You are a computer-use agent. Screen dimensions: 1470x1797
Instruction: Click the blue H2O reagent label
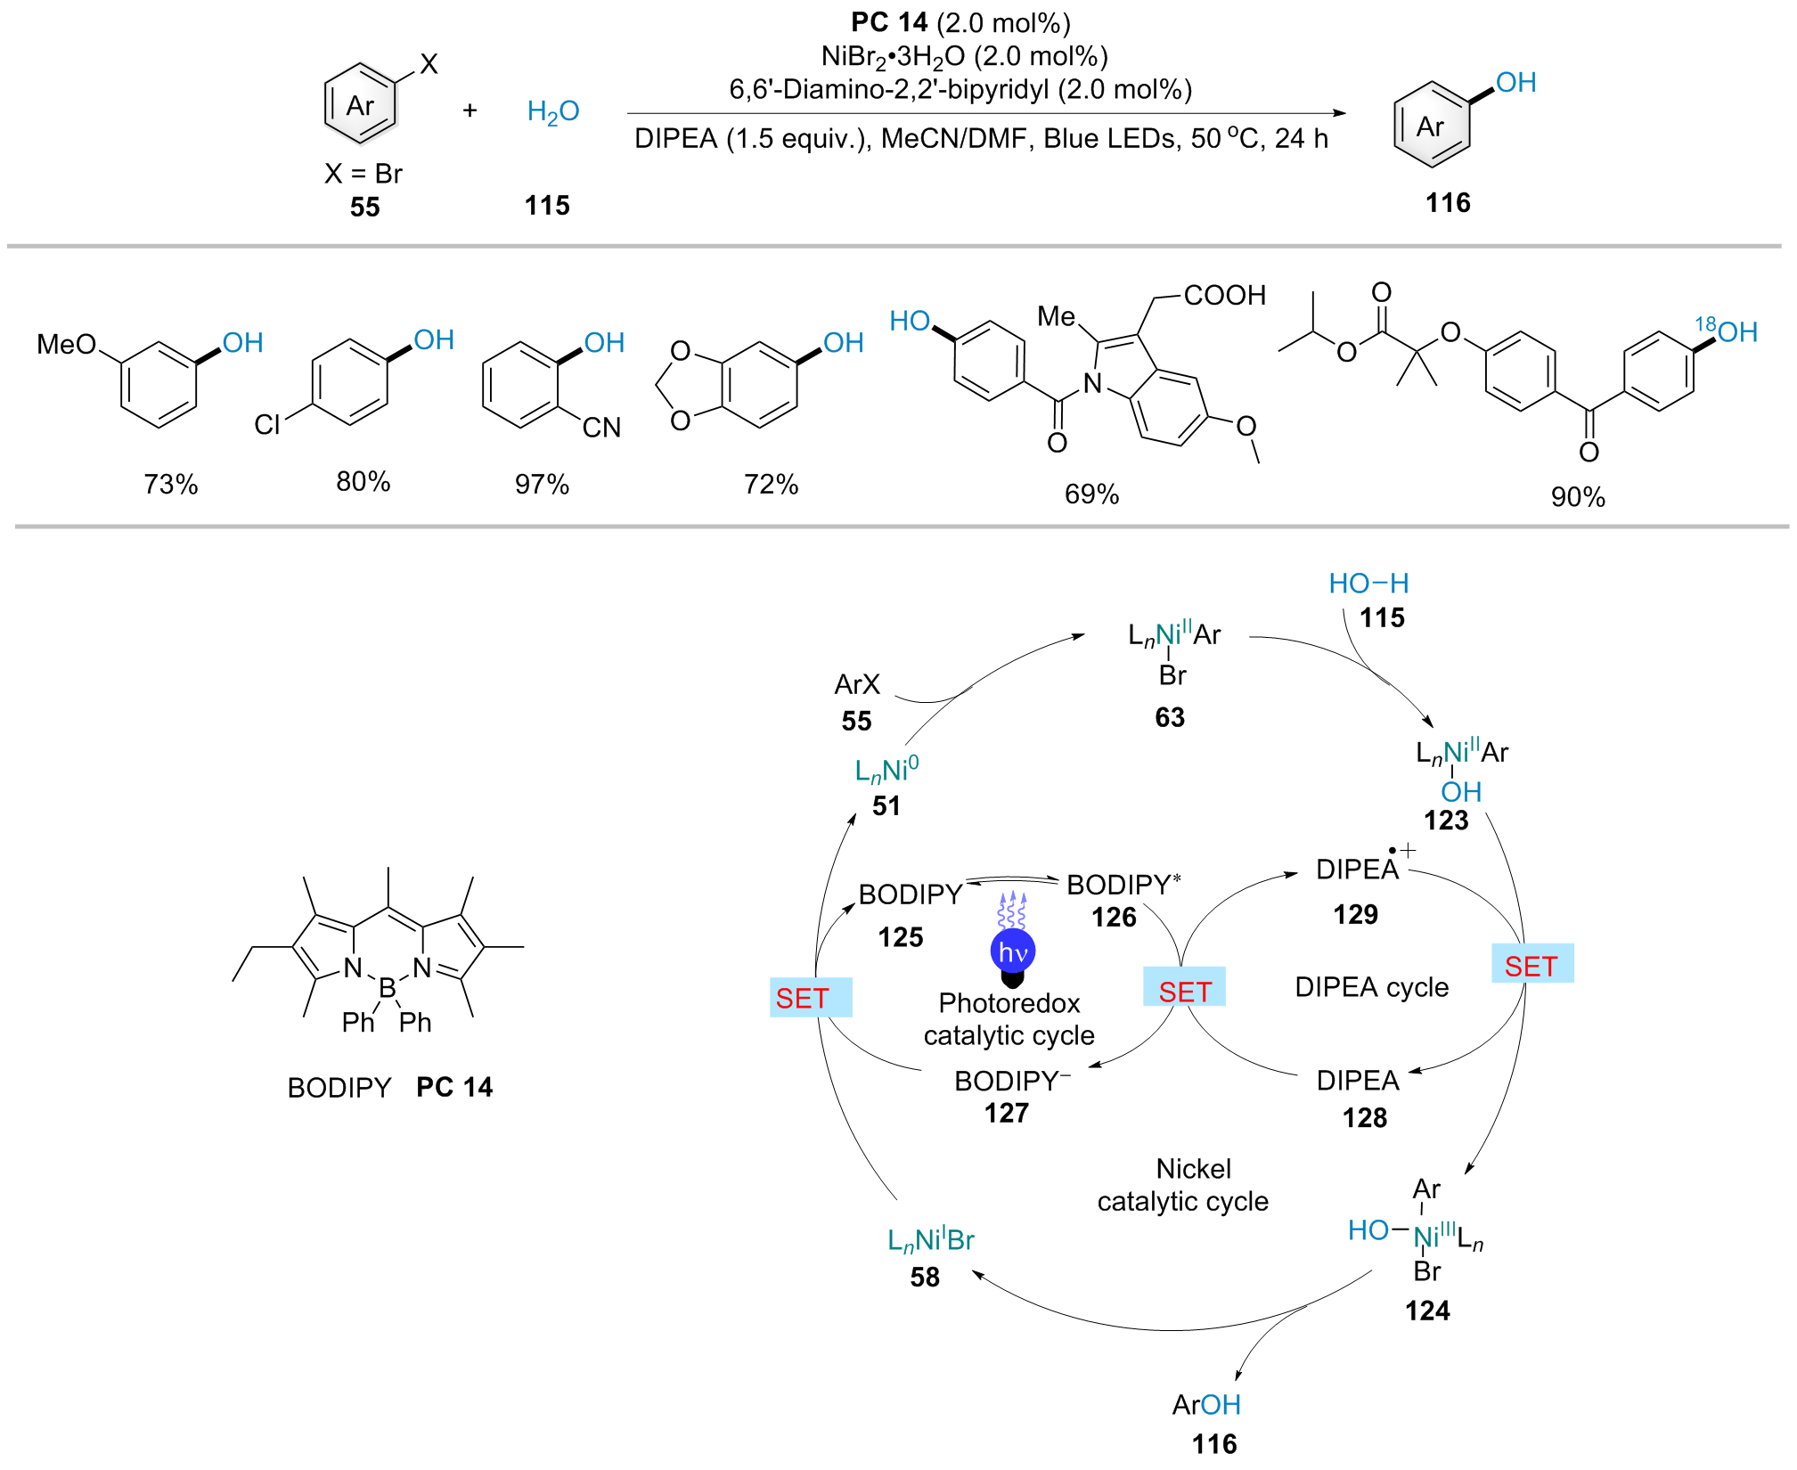pos(553,112)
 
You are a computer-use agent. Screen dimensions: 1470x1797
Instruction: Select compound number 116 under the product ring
pos(1448,203)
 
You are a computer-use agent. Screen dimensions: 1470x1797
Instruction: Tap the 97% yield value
pos(542,484)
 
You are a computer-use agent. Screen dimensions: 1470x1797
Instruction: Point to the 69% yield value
pos(1091,494)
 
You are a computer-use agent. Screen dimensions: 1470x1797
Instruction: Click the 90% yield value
pos(1578,496)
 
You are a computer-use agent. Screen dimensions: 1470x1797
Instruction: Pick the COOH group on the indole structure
pos(1224,295)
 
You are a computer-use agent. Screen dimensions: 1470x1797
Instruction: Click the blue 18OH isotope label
pos(1726,331)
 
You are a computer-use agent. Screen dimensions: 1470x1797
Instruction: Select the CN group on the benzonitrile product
pos(601,428)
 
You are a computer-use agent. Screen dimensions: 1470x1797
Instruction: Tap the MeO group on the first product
pos(66,344)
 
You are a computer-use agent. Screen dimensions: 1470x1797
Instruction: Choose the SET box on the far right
pos(1532,965)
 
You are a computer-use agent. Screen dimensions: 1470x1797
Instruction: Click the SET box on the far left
pos(811,998)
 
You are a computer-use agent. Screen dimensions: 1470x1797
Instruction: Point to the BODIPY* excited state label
pos(1123,885)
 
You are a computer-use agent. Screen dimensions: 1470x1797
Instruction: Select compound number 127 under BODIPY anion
pos(1007,1113)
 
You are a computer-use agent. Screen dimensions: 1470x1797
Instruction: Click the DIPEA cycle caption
pos(1371,987)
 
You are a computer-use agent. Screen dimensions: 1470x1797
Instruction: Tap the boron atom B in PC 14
pos(388,987)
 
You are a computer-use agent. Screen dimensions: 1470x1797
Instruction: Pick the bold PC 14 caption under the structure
pos(454,1087)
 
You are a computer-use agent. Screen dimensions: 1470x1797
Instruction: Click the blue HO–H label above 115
pos(1368,584)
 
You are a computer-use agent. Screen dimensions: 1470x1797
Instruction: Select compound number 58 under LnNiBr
pos(925,1277)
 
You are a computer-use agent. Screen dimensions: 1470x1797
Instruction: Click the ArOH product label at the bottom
pos(1206,1405)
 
